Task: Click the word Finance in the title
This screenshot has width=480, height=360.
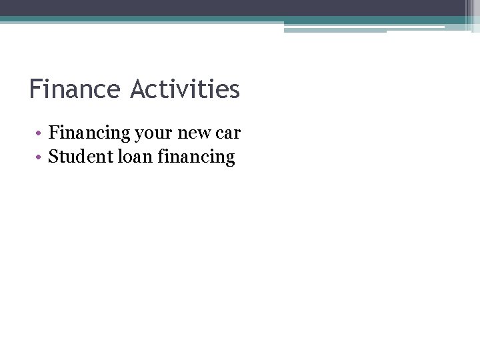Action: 74,89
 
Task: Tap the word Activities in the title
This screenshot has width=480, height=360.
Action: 185,89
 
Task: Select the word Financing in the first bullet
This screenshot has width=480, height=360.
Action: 89,133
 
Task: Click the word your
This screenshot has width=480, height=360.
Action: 153,133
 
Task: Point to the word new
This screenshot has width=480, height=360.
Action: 193,133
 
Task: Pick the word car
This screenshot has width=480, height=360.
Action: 228,133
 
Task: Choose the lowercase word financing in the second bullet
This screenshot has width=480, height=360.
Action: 197,157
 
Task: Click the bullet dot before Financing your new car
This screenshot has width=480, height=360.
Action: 40,134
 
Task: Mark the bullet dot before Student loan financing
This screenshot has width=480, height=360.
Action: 40,158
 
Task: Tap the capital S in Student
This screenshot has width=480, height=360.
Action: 53,157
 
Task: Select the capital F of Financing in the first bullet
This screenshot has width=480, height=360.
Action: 54,133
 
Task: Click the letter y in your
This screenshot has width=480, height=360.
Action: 139,135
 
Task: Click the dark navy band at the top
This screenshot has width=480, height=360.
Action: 233,7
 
